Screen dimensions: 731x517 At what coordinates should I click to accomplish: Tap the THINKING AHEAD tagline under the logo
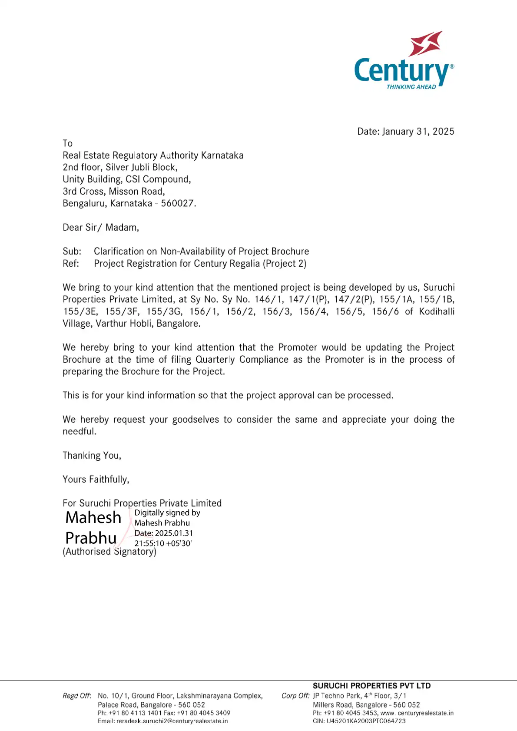coord(411,87)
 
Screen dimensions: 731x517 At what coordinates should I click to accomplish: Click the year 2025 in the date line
coord(443,132)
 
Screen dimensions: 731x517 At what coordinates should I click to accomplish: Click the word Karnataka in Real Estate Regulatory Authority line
coord(222,155)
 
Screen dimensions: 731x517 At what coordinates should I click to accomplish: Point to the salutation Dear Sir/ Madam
coord(101,228)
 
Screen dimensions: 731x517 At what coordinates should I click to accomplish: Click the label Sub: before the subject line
coord(72,251)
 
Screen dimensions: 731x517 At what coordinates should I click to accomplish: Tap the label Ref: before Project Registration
coord(71,264)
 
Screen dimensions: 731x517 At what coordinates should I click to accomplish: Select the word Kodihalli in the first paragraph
coord(437,311)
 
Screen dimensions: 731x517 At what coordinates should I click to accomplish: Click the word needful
coord(79,432)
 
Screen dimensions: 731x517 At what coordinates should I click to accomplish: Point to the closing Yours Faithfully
coord(96,480)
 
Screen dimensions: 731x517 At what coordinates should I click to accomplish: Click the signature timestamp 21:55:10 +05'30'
coord(163,543)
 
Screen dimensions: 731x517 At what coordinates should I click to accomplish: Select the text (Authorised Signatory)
coord(109,552)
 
